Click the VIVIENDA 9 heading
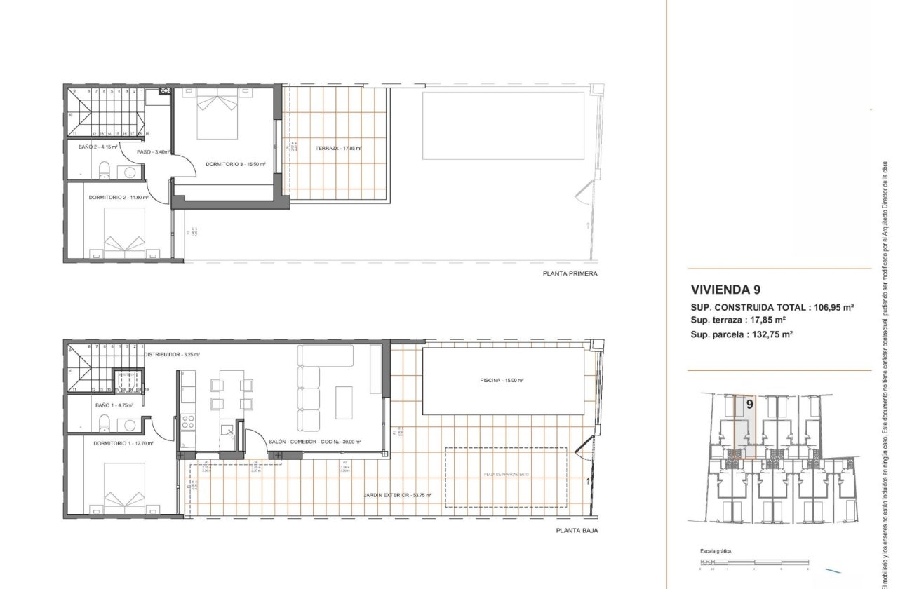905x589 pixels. (x=725, y=289)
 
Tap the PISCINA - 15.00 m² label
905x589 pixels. (x=502, y=380)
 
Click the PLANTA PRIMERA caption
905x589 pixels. (x=570, y=274)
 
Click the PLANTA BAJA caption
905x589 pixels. (x=575, y=531)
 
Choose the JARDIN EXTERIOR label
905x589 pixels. (x=397, y=495)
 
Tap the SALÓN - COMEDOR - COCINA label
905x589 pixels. (x=315, y=442)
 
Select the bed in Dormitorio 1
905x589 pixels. (x=125, y=488)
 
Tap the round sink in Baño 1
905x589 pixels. (x=129, y=425)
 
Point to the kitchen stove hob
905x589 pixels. (x=188, y=422)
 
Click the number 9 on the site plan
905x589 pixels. (x=750, y=404)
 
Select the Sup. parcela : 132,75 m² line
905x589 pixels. (x=742, y=334)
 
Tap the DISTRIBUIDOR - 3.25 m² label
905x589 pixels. (x=172, y=355)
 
